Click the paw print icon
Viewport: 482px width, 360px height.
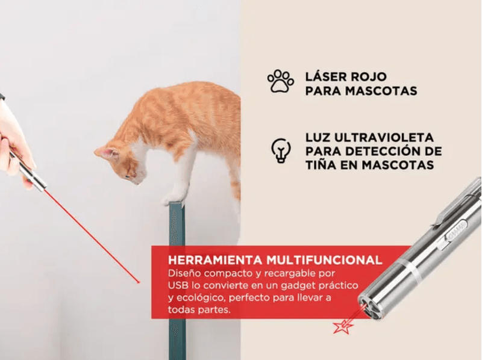(x=280, y=82)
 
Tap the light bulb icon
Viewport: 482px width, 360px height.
(x=281, y=151)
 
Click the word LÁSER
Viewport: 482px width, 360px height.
(x=328, y=76)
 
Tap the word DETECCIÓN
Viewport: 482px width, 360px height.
(x=386, y=151)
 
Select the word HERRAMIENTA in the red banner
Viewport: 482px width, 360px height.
(x=215, y=260)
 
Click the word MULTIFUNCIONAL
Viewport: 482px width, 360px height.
(x=324, y=260)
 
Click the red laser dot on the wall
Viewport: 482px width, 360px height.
(x=139, y=282)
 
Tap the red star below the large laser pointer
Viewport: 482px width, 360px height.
(x=343, y=327)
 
